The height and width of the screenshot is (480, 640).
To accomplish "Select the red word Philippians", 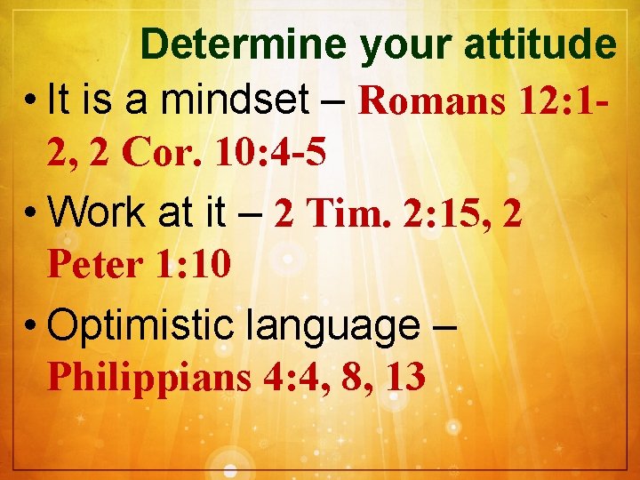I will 149,378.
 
